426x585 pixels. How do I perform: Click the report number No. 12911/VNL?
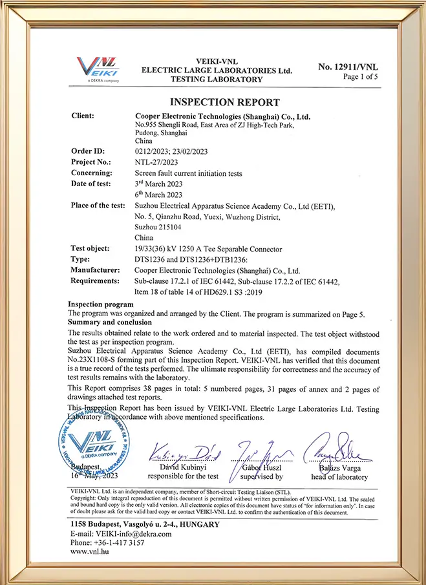(x=348, y=67)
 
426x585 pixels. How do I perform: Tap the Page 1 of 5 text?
(x=360, y=77)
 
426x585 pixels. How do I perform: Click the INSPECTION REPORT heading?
(x=224, y=102)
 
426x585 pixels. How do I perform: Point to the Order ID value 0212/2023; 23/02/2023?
(x=174, y=151)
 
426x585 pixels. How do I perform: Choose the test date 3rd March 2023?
(x=158, y=184)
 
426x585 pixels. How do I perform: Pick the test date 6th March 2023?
(x=158, y=195)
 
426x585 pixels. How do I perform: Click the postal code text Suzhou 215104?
(x=158, y=228)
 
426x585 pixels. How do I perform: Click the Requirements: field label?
(x=95, y=281)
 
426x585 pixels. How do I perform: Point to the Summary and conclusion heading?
(x=110, y=322)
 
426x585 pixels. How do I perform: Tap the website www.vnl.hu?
(x=89, y=553)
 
